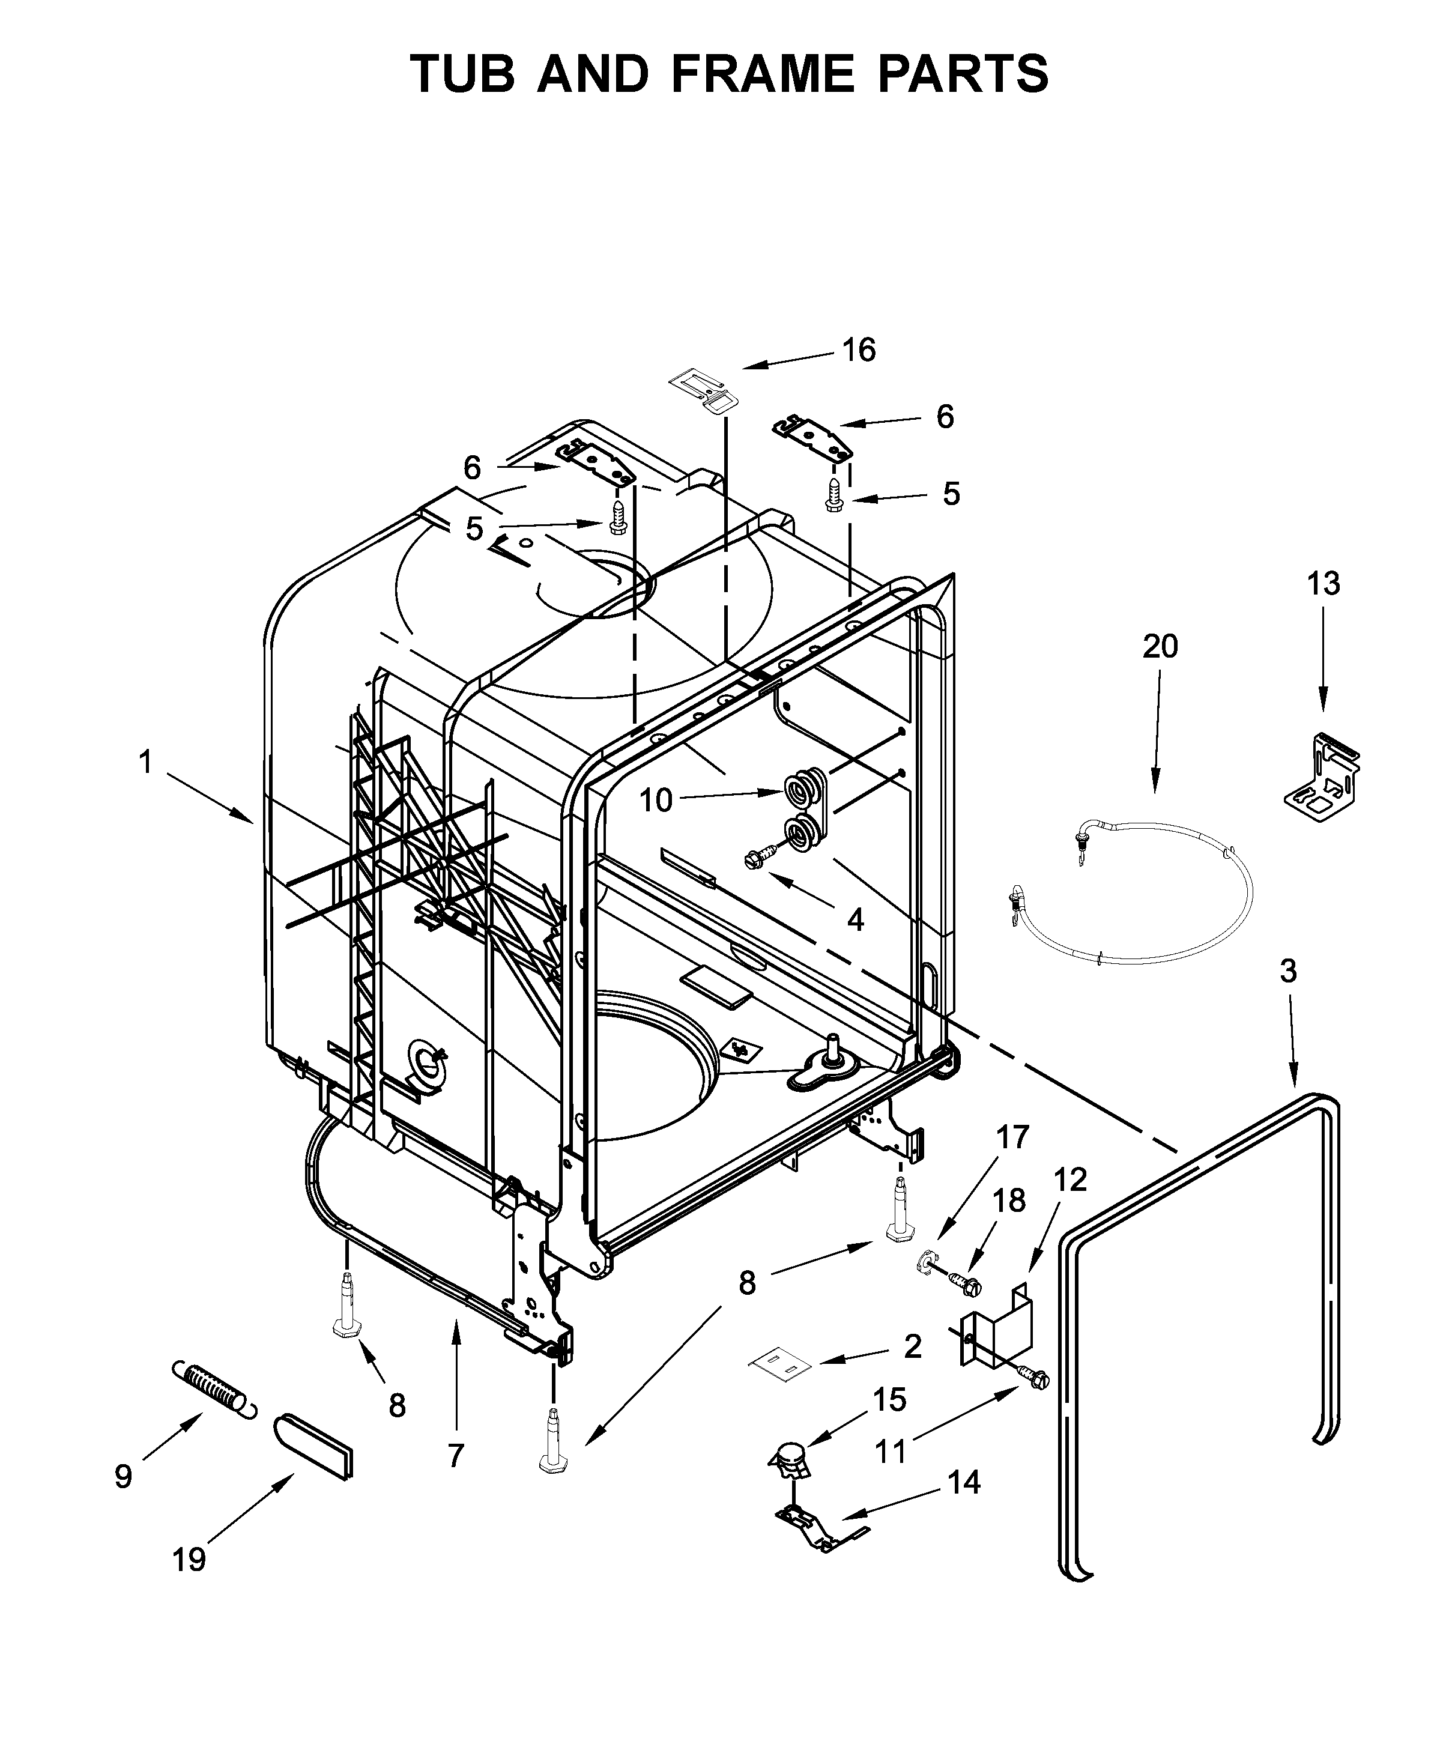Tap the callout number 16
click(859, 351)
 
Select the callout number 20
click(1160, 647)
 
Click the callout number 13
click(1323, 584)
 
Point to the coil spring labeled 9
click(214, 1388)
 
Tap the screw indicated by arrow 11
click(1036, 1378)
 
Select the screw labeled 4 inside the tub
click(761, 856)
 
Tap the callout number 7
click(455, 1456)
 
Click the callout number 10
click(656, 801)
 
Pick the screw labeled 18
click(965, 1283)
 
